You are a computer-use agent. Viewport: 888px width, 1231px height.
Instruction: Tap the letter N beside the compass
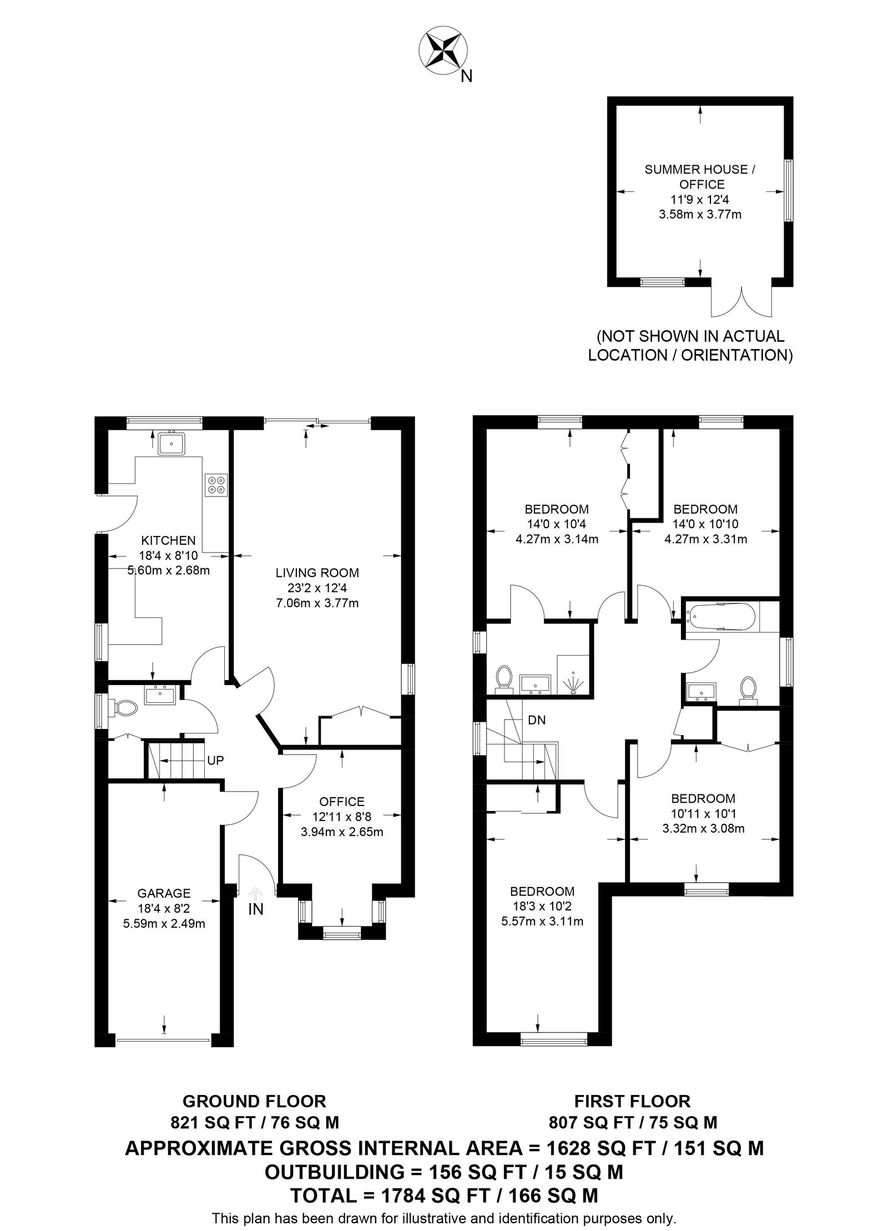pyautogui.click(x=467, y=77)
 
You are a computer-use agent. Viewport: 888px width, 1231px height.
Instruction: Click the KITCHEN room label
pyautogui.click(x=168, y=540)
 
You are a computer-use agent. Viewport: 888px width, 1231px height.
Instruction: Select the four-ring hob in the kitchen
pyautogui.click(x=215, y=485)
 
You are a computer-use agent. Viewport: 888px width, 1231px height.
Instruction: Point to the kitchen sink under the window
pyautogui.click(x=171, y=443)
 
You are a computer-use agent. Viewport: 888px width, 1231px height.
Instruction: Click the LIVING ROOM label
pyautogui.click(x=317, y=573)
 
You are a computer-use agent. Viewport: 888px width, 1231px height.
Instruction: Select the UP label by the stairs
pyautogui.click(x=215, y=761)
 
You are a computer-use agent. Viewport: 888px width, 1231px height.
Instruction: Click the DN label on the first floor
pyautogui.click(x=537, y=720)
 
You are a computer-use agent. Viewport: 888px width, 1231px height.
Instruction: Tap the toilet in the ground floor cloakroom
pyautogui.click(x=124, y=707)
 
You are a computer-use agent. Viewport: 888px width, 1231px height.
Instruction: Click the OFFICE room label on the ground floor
pyautogui.click(x=342, y=802)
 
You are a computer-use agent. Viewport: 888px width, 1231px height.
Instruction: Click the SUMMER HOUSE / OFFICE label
pyautogui.click(x=699, y=176)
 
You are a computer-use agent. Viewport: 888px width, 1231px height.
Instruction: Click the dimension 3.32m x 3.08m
pyautogui.click(x=703, y=829)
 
